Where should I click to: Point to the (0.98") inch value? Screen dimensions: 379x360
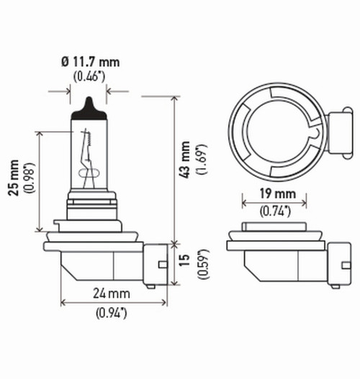click(x=28, y=175)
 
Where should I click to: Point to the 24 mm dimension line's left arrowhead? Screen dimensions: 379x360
click(x=63, y=302)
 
